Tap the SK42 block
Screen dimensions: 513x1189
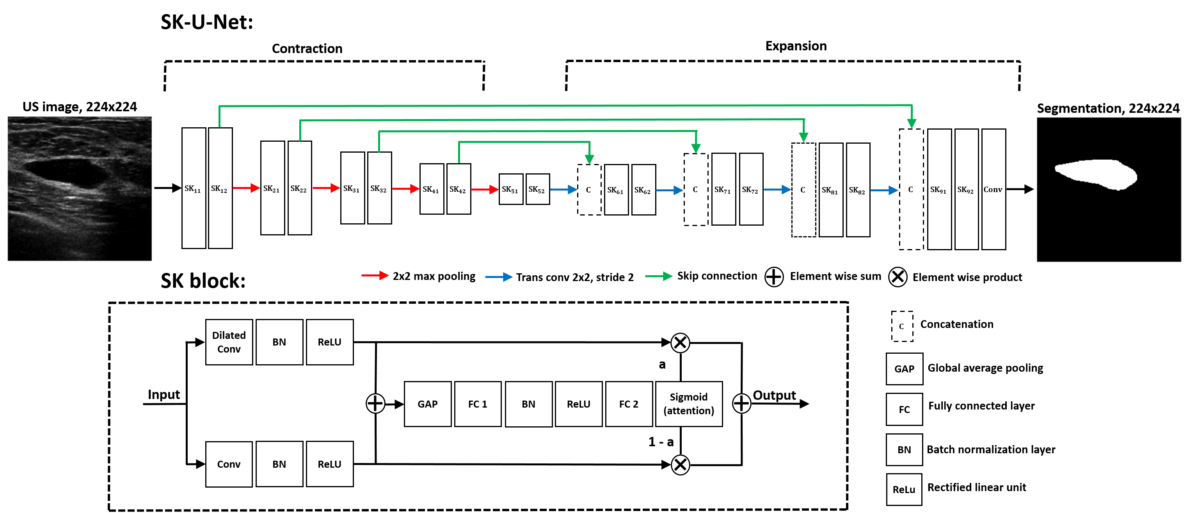[459, 189]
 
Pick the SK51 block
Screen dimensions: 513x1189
[511, 189]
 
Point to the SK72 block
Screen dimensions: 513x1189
[751, 189]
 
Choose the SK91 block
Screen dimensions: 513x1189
[939, 189]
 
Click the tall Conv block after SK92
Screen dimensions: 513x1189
[993, 189]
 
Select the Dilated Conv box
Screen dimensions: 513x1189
[229, 342]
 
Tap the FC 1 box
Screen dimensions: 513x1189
[478, 404]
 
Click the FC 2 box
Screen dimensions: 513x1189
[629, 404]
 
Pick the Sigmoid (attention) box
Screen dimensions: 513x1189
[689, 404]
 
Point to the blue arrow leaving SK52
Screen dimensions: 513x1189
[563, 189]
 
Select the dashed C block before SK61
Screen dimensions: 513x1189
[589, 190]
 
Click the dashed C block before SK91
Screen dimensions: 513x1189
[911, 189]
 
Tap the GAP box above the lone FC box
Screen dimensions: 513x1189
[904, 369]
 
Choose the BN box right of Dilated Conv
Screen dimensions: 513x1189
[279, 342]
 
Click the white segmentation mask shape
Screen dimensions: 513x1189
[1096, 174]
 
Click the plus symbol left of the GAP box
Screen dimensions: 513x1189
[375, 404]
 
